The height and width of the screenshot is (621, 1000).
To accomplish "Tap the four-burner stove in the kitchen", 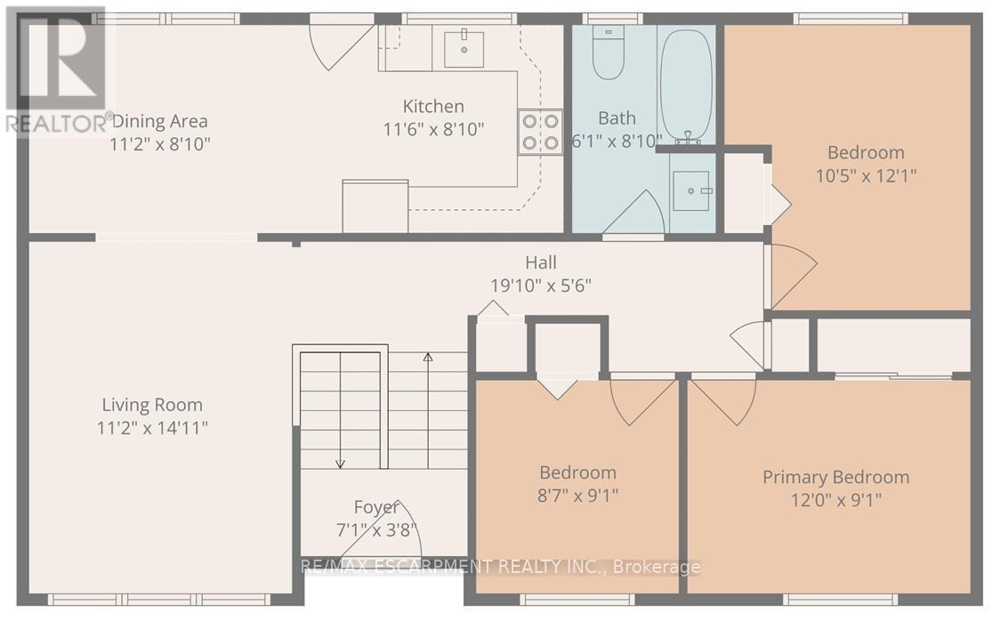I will [540, 131].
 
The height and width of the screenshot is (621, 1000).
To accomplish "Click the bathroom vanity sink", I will [691, 190].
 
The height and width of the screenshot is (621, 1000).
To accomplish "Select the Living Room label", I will [152, 405].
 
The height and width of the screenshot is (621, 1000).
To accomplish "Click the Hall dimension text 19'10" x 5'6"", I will [541, 285].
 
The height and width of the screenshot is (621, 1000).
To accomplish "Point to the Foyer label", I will [376, 508].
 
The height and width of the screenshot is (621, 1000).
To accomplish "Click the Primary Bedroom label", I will [835, 477].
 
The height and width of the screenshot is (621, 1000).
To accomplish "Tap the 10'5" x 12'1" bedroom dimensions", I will [866, 175].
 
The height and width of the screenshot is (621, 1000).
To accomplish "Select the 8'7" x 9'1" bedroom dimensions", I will [577, 495].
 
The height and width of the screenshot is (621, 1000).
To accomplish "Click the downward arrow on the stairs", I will [340, 461].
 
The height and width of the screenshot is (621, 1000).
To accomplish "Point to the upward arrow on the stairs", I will [427, 359].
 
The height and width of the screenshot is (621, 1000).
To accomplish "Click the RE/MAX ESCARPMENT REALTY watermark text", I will [501, 567].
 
